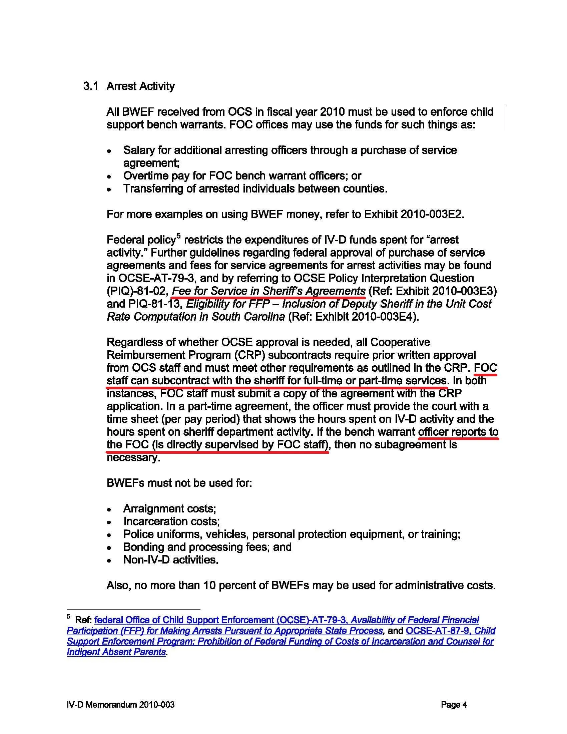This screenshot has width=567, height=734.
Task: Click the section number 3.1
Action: (91, 86)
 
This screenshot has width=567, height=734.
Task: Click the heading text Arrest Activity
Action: (140, 86)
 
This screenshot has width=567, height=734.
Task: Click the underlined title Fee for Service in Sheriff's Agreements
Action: (268, 291)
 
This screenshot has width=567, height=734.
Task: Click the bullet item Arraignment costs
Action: (169, 508)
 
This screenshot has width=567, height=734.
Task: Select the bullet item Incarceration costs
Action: (171, 521)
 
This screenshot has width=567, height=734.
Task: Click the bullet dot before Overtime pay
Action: (109, 176)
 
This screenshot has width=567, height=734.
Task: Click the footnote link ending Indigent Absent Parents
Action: (116, 652)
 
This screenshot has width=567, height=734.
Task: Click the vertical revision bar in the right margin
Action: (506, 118)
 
